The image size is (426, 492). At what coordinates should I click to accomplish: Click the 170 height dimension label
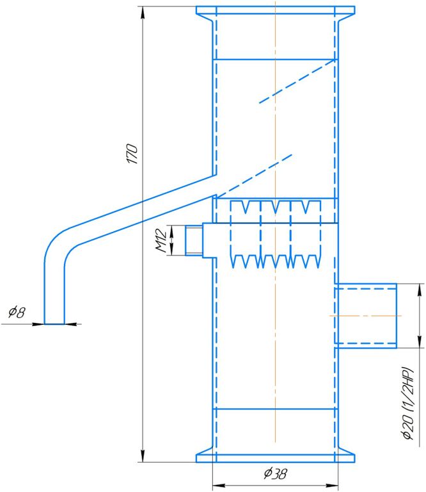[x=132, y=154]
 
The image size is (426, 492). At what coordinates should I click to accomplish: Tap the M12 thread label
[x=161, y=241]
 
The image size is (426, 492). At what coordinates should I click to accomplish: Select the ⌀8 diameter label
[x=17, y=313]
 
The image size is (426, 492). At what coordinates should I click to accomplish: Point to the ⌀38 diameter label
[x=275, y=474]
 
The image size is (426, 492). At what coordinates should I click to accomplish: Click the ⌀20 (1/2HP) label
[x=409, y=403]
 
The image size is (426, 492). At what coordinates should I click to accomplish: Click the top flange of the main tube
[x=276, y=10]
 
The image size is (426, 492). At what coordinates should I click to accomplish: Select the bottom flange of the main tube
[x=276, y=458]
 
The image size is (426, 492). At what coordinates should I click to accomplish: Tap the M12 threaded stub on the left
[x=194, y=240]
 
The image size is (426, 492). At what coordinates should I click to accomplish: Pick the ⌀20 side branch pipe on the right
[x=366, y=316]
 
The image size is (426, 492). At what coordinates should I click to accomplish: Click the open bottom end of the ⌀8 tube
[x=54, y=324]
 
